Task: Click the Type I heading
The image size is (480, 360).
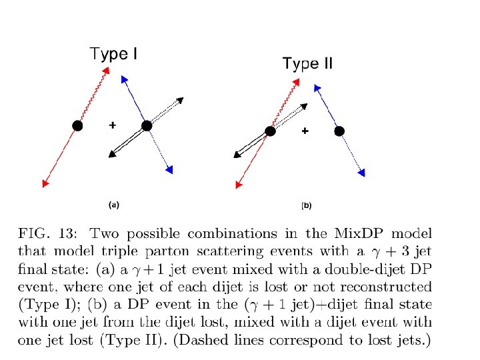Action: [114, 53]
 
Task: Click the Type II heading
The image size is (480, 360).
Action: [307, 64]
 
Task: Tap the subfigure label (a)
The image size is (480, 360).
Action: [114, 205]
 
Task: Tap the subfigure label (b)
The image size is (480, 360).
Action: [307, 206]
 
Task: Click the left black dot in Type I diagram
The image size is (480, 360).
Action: [77, 125]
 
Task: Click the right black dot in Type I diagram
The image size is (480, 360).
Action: [147, 125]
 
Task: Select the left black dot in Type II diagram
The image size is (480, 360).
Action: [270, 131]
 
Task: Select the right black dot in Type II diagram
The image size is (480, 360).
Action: [339, 131]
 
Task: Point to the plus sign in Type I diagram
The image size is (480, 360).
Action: [112, 125]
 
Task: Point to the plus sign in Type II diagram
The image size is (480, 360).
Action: [305, 131]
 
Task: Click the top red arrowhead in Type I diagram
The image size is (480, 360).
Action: [105, 70]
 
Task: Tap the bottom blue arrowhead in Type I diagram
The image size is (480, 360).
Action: [170, 170]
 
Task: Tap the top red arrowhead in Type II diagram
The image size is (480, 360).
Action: [295, 81]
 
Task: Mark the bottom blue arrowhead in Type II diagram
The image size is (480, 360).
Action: [362, 173]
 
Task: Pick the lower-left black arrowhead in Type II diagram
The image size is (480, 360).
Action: [237, 156]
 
